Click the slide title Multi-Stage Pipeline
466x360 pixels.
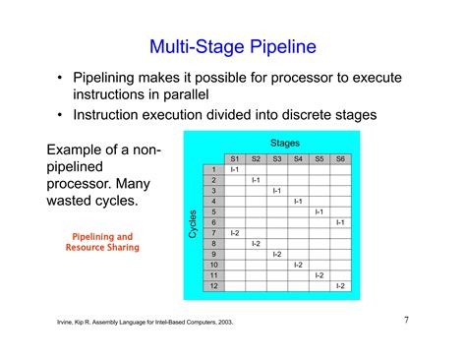pyautogui.click(x=232, y=45)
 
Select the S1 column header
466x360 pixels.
pyautogui.click(x=234, y=158)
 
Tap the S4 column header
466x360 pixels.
pyautogui.click(x=298, y=158)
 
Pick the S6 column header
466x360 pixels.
pyautogui.click(x=340, y=158)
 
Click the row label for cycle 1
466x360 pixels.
pyautogui.click(x=212, y=169)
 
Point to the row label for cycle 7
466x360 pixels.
pyautogui.click(x=212, y=233)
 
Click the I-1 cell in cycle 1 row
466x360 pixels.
pyautogui.click(x=234, y=169)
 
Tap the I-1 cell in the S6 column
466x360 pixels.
pyautogui.click(x=340, y=222)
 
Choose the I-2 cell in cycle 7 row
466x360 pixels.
pyautogui.click(x=234, y=233)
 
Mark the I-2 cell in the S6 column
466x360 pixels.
pyautogui.click(x=340, y=286)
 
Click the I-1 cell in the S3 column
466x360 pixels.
pyautogui.click(x=276, y=191)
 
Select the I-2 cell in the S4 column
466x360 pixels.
pyautogui.click(x=298, y=265)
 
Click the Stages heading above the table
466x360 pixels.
pyautogui.click(x=284, y=143)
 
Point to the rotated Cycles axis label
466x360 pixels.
pyautogui.click(x=193, y=222)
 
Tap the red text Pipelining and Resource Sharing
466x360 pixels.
pyautogui.click(x=102, y=242)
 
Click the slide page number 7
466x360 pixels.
pyautogui.click(x=406, y=320)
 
